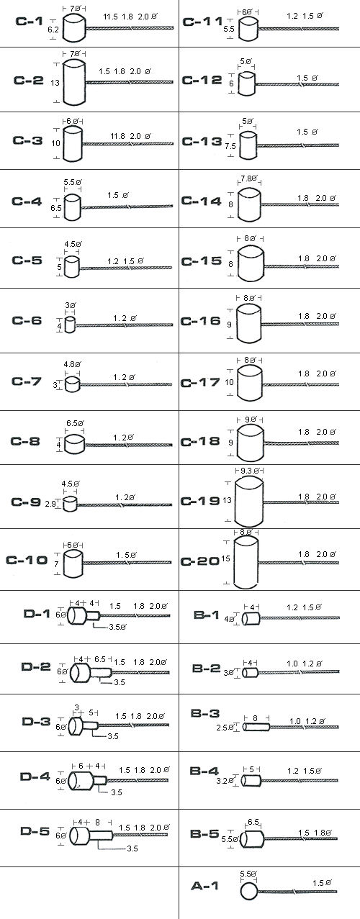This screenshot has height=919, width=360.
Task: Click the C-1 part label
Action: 29,21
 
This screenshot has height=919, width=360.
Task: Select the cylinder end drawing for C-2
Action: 74,82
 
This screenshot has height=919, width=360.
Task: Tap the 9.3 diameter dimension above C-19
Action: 248,471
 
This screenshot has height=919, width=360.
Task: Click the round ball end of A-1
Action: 248,892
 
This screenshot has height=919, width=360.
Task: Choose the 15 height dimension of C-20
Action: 226,558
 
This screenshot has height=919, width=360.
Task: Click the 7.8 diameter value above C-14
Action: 248,178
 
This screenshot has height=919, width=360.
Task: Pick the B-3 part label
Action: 205,713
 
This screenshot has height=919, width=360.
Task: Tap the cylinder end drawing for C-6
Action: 70,325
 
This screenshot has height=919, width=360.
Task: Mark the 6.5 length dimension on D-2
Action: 100,659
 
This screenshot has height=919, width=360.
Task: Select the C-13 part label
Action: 202,142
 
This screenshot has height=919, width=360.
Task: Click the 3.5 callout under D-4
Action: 117,792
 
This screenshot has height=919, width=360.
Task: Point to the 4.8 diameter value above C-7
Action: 72,364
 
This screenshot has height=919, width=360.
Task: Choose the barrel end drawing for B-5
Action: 252,839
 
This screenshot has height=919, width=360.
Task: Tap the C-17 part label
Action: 200,383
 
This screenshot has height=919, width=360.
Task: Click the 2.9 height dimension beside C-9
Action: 50,504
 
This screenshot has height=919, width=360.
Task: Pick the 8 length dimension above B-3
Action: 256,718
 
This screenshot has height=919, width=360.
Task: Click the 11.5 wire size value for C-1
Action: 110,17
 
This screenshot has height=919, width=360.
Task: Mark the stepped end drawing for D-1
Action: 84,616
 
